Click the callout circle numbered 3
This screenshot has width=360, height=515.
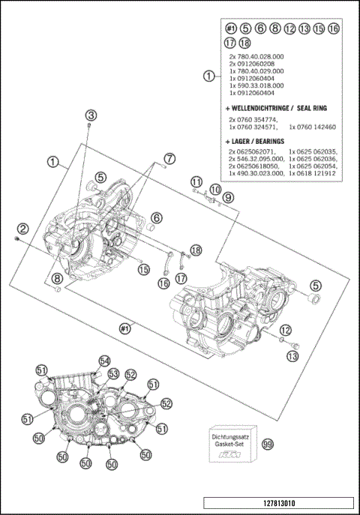[x=91, y=115]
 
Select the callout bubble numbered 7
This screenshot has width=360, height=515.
[x=169, y=158]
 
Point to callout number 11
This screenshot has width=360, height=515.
[x=196, y=181]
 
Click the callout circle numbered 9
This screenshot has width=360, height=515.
[x=228, y=197]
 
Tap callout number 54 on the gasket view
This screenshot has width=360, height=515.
[x=104, y=361]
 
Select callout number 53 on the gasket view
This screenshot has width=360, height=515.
[x=114, y=373]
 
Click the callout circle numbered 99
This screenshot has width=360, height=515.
[x=266, y=445]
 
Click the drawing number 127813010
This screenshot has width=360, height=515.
[x=277, y=503]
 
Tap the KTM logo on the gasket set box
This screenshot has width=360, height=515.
[x=226, y=456]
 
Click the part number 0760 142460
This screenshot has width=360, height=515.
[x=314, y=127]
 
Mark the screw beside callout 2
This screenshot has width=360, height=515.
[x=16, y=238]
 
